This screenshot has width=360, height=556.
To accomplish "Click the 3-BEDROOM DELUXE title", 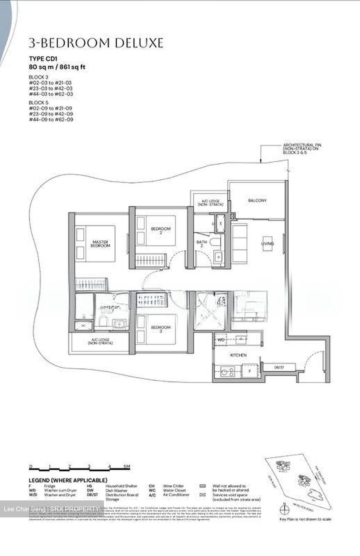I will (x=96, y=43).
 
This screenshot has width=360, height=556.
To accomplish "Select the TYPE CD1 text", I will (x=43, y=59).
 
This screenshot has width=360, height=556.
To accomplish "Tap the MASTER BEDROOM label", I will (x=100, y=244).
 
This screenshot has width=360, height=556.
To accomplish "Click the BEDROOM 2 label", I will (x=160, y=231).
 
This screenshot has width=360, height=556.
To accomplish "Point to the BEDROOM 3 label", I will (x=160, y=329).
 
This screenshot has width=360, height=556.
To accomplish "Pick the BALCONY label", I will (x=257, y=201).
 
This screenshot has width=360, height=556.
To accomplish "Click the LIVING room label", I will (x=267, y=244).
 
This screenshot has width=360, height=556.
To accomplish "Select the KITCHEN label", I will (x=238, y=355).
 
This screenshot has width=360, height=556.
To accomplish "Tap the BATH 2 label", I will (x=202, y=244).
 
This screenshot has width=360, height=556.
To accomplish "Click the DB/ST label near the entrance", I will (x=279, y=368).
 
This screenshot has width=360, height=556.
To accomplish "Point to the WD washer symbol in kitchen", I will (x=221, y=340).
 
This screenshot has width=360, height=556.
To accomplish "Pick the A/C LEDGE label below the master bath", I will (x=99, y=341).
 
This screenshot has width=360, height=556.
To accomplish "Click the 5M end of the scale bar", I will (x=127, y=467).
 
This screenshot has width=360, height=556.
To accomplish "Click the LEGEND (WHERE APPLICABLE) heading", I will (x=68, y=480).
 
